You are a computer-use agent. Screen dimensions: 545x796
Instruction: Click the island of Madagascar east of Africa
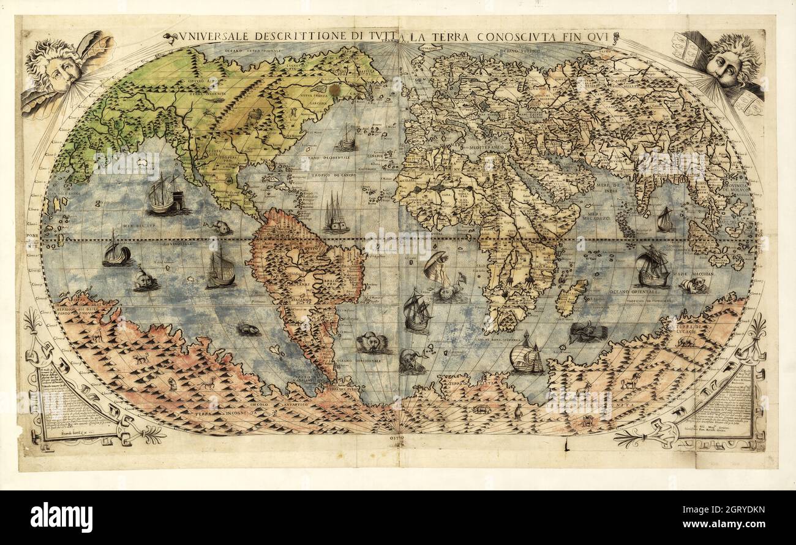pyautogui.click(x=571, y=297)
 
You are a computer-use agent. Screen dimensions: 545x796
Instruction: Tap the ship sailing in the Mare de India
pyautogui.click(x=665, y=219)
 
